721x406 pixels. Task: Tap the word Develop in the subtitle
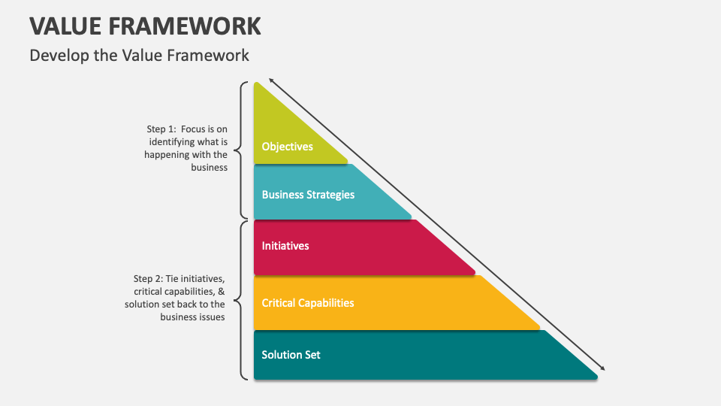(x=57, y=56)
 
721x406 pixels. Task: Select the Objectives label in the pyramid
(x=287, y=147)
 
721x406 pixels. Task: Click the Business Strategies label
(x=308, y=195)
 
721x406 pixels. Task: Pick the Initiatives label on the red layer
(x=285, y=246)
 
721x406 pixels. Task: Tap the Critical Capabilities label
(x=308, y=303)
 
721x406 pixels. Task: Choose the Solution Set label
(x=291, y=354)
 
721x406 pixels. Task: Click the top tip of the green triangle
(x=257, y=83)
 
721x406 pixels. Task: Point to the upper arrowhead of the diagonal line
(x=271, y=80)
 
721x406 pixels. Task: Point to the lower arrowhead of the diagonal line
(x=602, y=369)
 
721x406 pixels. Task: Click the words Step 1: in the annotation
(x=161, y=129)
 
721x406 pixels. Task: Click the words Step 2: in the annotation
(x=149, y=279)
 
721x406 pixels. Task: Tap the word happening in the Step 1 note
(x=167, y=155)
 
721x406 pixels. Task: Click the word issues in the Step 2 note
(x=210, y=317)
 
